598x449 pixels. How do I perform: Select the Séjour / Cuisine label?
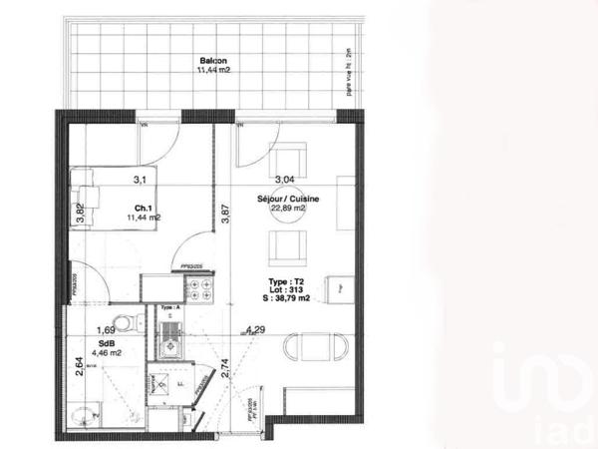coord(289,200)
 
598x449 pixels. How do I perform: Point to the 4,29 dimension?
coord(257,329)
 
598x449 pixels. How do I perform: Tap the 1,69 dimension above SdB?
coord(105,329)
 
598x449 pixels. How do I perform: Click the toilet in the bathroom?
coord(123,324)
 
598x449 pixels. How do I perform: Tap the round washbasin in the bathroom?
coord(83,412)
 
